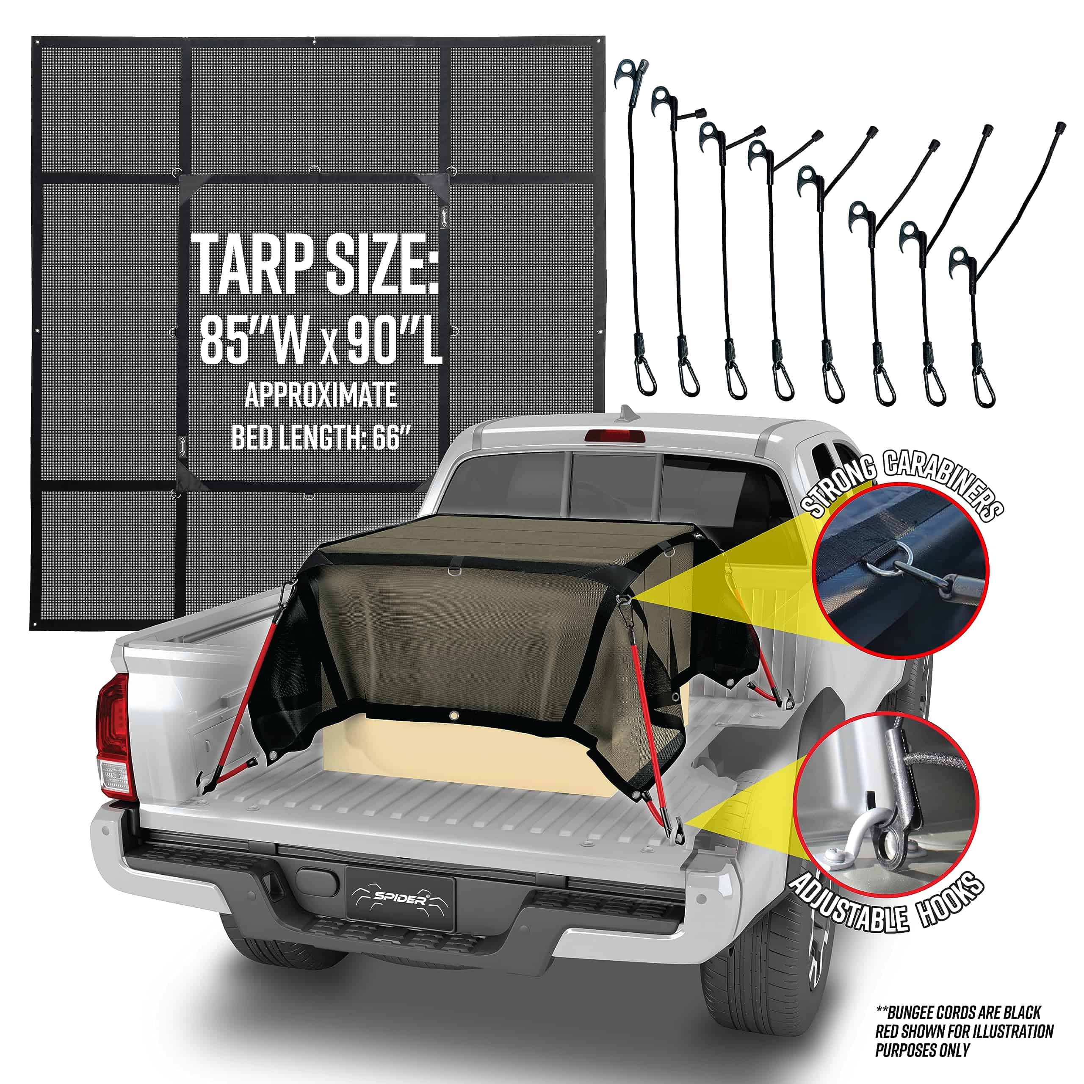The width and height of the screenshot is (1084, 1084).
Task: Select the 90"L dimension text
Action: pos(393,340)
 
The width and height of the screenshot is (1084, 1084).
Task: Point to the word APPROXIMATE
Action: pos(321,395)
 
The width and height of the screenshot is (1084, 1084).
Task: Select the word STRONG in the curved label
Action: pos(840,488)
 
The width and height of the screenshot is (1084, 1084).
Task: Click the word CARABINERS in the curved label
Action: pos(943,483)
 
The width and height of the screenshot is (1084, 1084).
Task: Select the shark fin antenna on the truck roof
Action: pos(625,416)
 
